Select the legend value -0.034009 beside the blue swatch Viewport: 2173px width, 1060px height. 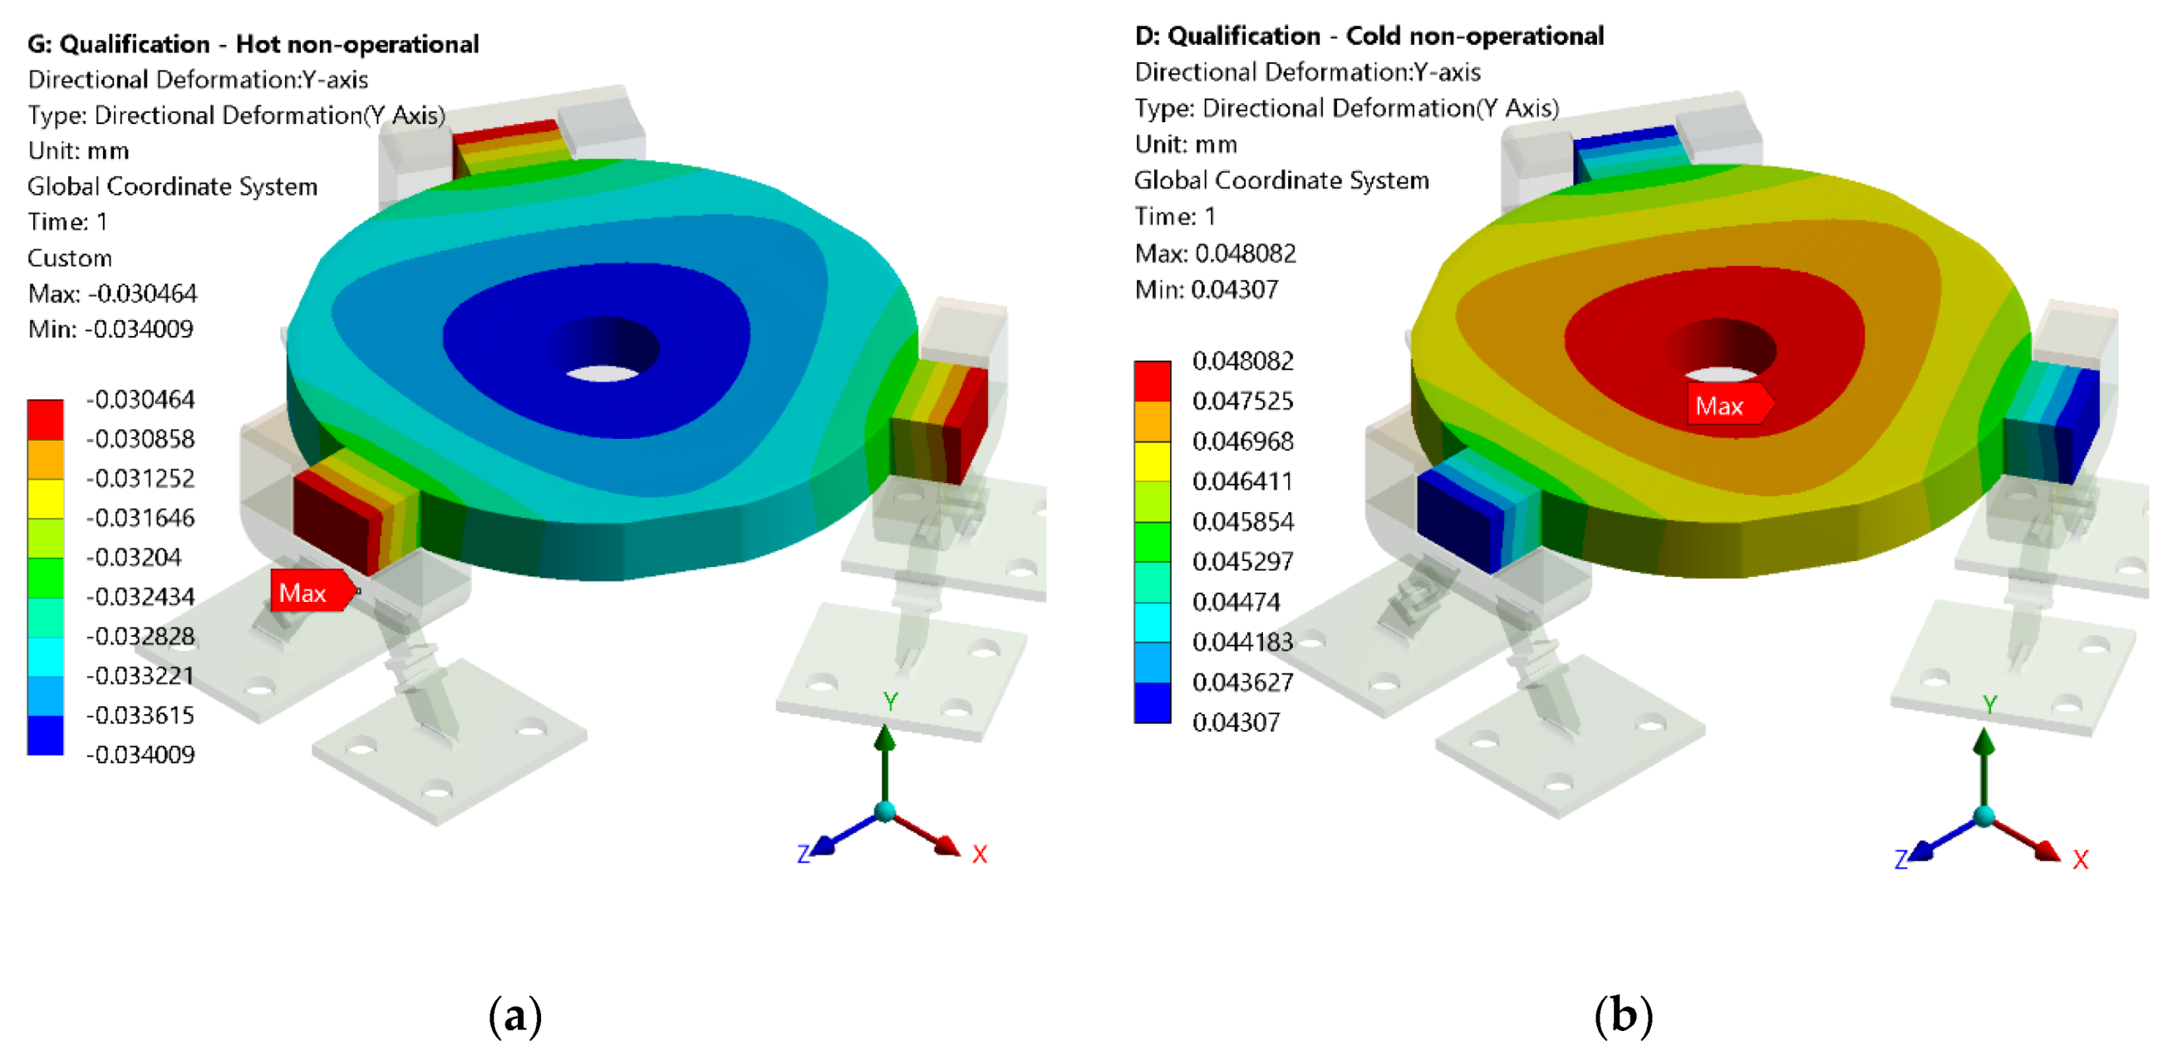(141, 755)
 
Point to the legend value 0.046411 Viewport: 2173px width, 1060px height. (1242, 481)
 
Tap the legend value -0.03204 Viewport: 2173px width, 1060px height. (134, 557)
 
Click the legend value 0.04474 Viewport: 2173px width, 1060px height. (1236, 602)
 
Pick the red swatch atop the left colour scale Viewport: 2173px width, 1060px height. (46, 420)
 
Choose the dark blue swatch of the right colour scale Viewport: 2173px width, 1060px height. (1153, 703)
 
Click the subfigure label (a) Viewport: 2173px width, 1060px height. (514, 1015)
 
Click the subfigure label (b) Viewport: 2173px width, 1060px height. (1623, 1014)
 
